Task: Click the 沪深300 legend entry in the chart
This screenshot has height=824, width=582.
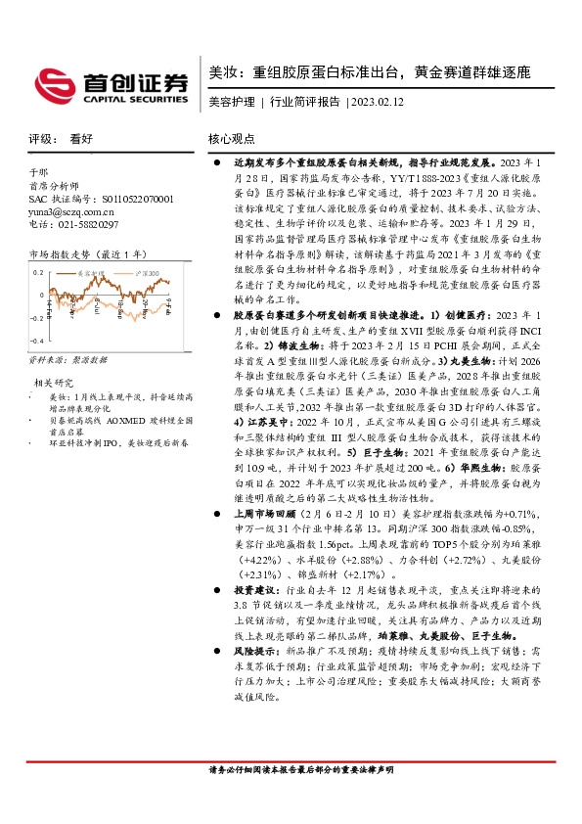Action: click(144, 273)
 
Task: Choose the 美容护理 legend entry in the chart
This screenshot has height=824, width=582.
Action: click(94, 273)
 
